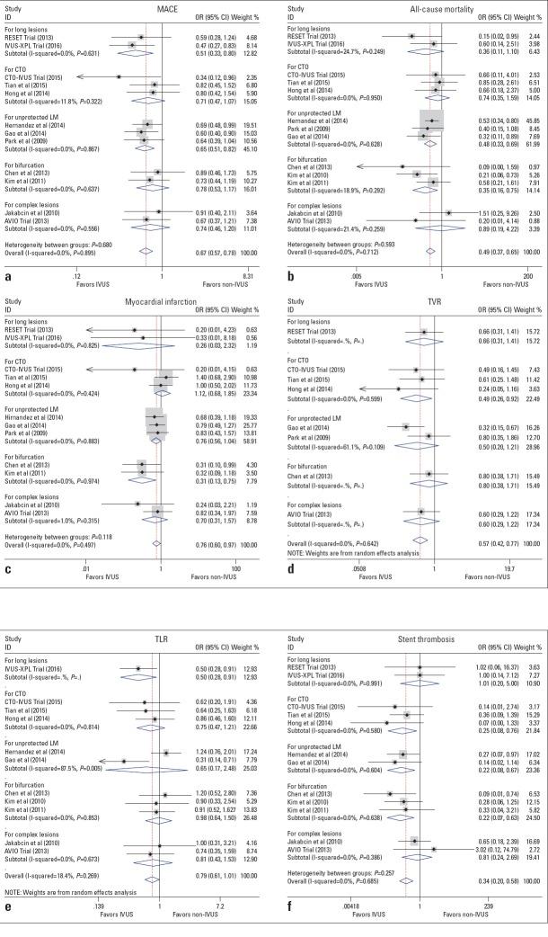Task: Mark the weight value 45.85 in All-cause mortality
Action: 530,120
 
